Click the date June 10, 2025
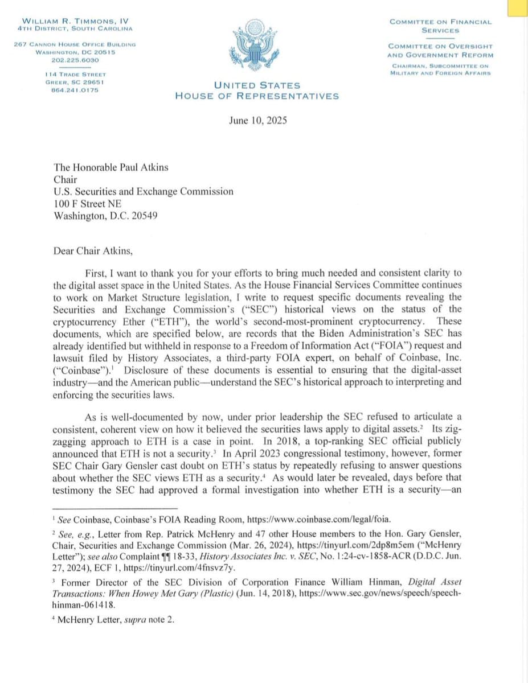(257, 120)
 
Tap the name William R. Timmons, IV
(74, 21)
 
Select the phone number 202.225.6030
(75, 60)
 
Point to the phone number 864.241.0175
(75, 89)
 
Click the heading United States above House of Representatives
(257, 85)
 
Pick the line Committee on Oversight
(440, 46)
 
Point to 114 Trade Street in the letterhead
(75, 75)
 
